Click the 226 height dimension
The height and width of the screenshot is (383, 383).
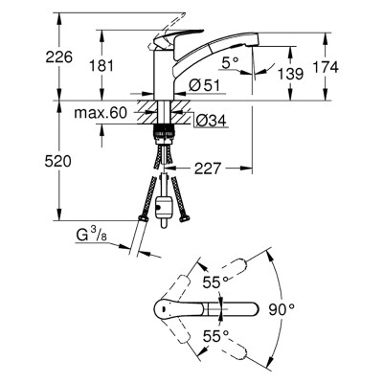click(x=59, y=57)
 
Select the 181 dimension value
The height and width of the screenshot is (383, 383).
click(x=101, y=66)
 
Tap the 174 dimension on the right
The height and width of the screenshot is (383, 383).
click(x=326, y=67)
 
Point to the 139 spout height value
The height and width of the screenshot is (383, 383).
click(x=290, y=74)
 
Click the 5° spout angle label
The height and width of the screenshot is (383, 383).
click(x=231, y=62)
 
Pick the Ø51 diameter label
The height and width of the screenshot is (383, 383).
click(x=204, y=85)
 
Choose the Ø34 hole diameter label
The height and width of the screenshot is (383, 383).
click(x=211, y=121)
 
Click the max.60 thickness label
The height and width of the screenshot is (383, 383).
click(x=101, y=113)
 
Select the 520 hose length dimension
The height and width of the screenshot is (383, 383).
click(x=57, y=162)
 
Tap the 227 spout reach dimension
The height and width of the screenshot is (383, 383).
click(x=208, y=169)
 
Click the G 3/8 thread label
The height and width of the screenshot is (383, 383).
click(x=92, y=236)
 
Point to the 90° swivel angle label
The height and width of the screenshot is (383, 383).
click(x=282, y=309)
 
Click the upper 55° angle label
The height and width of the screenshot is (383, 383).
click(x=216, y=282)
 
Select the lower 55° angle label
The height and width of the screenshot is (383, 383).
click(x=216, y=336)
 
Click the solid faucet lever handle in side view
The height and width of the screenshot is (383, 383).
click(x=178, y=37)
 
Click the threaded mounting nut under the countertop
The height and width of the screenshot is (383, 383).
click(x=164, y=133)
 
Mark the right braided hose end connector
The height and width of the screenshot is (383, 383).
click(x=185, y=218)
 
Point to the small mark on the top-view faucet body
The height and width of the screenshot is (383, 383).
click(x=163, y=308)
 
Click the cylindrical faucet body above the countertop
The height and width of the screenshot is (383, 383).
click(x=164, y=74)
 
